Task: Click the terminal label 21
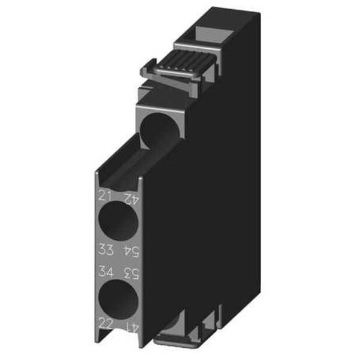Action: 104,196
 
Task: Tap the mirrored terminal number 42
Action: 129,197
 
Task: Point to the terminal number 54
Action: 129,250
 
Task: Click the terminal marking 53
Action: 129,271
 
